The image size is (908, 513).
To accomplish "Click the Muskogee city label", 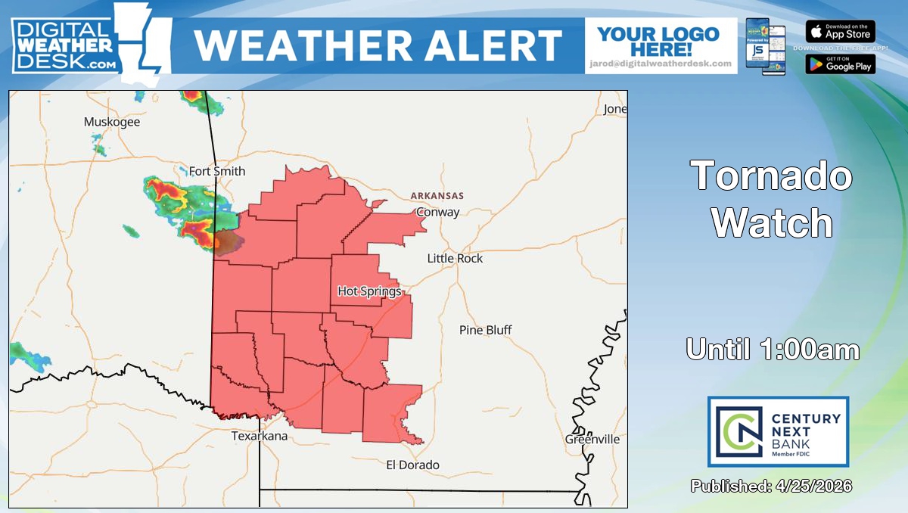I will coord(112,122).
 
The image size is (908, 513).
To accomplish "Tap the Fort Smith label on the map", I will coord(217,171).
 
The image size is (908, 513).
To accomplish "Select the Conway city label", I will coord(438,212).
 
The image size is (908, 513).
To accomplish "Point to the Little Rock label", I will coord(455,258).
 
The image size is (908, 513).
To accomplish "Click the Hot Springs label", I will coord(369,291).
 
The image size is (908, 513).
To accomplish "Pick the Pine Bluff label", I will coord(486,330).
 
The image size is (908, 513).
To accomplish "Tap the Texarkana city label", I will coord(259,436).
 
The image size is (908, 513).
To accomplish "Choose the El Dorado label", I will coord(412,465).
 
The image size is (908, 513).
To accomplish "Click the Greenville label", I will coord(592,440).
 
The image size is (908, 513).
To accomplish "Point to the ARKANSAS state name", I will coord(437,195).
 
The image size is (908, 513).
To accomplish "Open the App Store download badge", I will coord(840,32).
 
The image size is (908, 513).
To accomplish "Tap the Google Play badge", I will coord(840,64).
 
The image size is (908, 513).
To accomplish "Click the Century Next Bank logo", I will coord(778,431).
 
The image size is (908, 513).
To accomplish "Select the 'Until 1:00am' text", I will coord(773,350).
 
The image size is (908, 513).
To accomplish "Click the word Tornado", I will coord(773,176).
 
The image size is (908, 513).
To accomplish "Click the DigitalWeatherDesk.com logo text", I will coord(64,45).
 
